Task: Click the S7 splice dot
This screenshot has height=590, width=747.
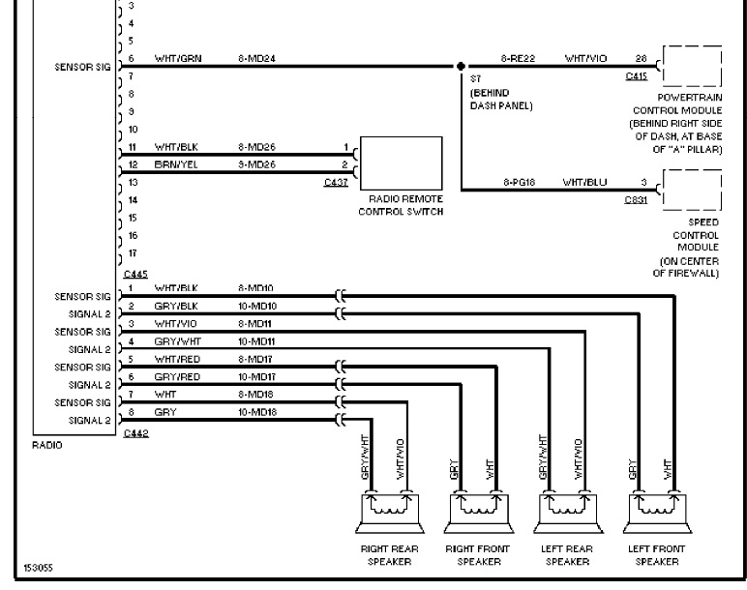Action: click(x=462, y=67)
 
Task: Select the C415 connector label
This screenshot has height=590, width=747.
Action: click(x=636, y=76)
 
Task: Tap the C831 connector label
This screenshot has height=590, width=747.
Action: click(x=636, y=200)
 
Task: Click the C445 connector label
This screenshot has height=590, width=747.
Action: click(x=135, y=275)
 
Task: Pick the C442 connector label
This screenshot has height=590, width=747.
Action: click(x=135, y=433)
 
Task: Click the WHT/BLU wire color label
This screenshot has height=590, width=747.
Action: click(x=584, y=182)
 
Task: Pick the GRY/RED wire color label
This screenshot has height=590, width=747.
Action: click(x=177, y=376)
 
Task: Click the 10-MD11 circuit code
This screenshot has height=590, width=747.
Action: click(x=256, y=341)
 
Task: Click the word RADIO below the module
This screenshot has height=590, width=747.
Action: click(x=46, y=446)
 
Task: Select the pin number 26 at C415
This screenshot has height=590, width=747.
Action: click(x=641, y=59)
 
